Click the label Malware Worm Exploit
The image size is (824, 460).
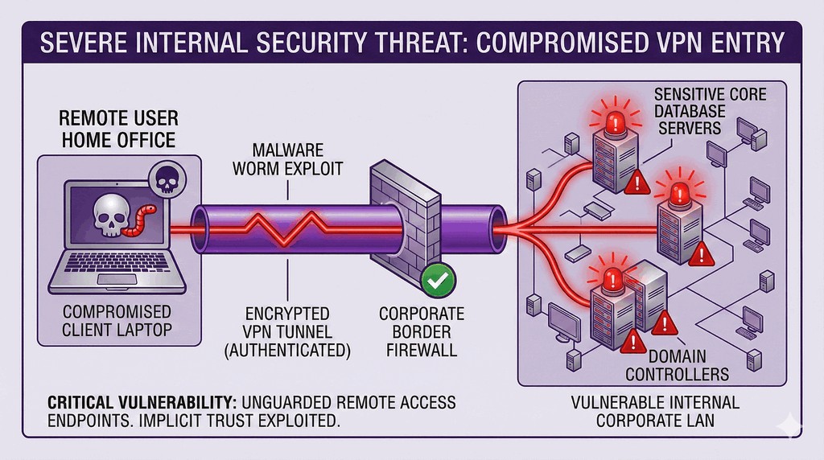287,159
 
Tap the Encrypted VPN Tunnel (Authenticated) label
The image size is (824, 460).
288,330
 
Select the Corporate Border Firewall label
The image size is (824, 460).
422,330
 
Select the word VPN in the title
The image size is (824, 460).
671,43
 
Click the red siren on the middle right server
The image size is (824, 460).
677,193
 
